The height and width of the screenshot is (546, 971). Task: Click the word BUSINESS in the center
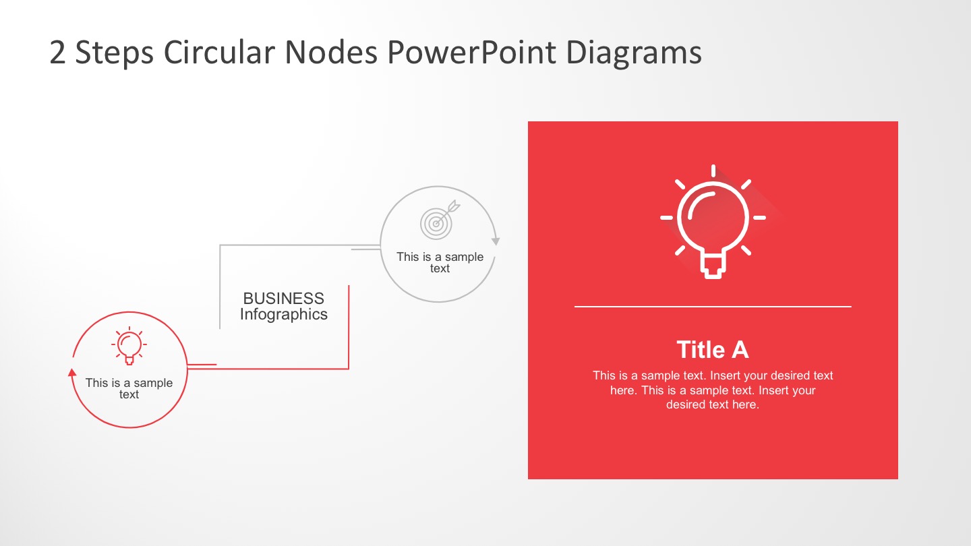tap(283, 299)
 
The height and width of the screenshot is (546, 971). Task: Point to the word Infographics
tap(283, 314)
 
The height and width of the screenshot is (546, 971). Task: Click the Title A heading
tap(712, 350)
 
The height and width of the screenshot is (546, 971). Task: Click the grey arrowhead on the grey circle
tap(496, 241)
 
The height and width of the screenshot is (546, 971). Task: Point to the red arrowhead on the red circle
tap(72, 371)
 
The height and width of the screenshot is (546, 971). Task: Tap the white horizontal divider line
tap(712, 307)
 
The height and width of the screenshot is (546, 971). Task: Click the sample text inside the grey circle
tap(440, 262)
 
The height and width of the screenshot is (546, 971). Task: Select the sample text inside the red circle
tap(129, 388)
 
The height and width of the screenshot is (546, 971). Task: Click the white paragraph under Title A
tap(712, 390)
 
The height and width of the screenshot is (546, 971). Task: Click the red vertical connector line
tap(349, 327)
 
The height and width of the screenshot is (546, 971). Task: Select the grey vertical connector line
tap(220, 286)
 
